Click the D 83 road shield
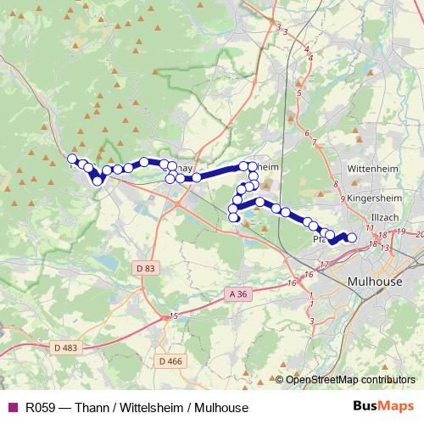(x=146, y=268)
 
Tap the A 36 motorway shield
(x=238, y=293)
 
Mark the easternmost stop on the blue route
(x=352, y=238)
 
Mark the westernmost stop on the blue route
(x=72, y=159)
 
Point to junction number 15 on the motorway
(x=173, y=316)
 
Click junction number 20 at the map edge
(x=419, y=234)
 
